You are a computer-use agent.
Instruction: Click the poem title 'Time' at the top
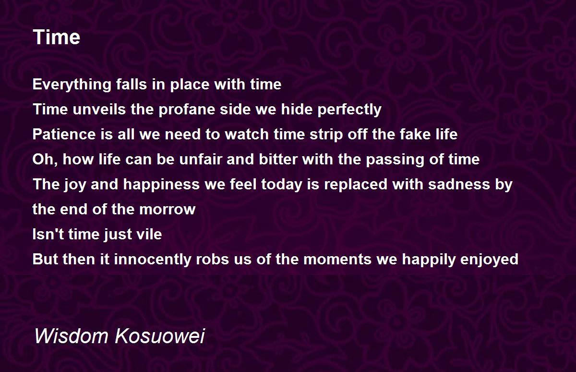click(57, 37)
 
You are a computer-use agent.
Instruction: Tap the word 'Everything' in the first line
click(72, 85)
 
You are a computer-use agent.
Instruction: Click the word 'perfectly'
click(349, 109)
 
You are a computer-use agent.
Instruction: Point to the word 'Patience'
click(64, 134)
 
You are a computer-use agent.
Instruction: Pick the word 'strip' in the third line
click(326, 135)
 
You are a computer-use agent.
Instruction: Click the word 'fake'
click(415, 134)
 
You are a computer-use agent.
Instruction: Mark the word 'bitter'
click(278, 159)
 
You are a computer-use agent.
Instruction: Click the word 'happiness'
click(161, 185)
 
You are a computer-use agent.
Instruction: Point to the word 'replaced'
click(356, 185)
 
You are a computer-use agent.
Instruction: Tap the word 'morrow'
click(168, 210)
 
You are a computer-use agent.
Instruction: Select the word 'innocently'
click(153, 260)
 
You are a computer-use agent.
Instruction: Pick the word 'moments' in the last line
click(337, 260)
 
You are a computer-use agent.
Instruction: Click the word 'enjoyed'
click(489, 260)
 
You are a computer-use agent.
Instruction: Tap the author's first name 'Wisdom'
click(72, 336)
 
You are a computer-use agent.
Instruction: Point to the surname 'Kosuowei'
click(160, 336)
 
